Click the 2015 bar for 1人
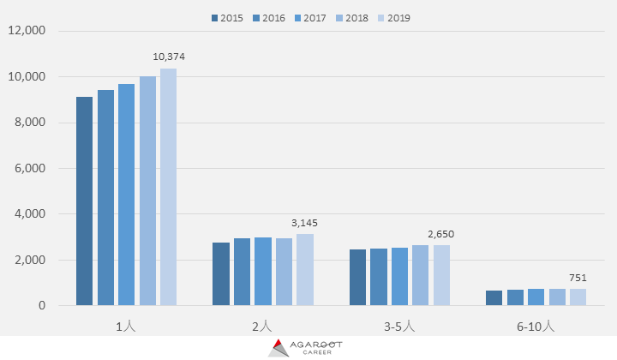84,201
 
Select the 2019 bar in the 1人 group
168,187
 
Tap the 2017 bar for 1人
126,195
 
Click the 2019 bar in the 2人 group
305,270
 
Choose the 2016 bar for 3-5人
379,277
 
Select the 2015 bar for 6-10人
494,298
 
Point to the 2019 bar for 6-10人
578,297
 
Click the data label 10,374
169,57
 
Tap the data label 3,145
304,223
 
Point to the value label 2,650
441,234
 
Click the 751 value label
578,278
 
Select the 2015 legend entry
227,17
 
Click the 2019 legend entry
394,17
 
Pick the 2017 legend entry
310,17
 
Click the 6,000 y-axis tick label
29,168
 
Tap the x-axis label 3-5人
399,326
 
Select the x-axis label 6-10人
536,326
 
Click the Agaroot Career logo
306,347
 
